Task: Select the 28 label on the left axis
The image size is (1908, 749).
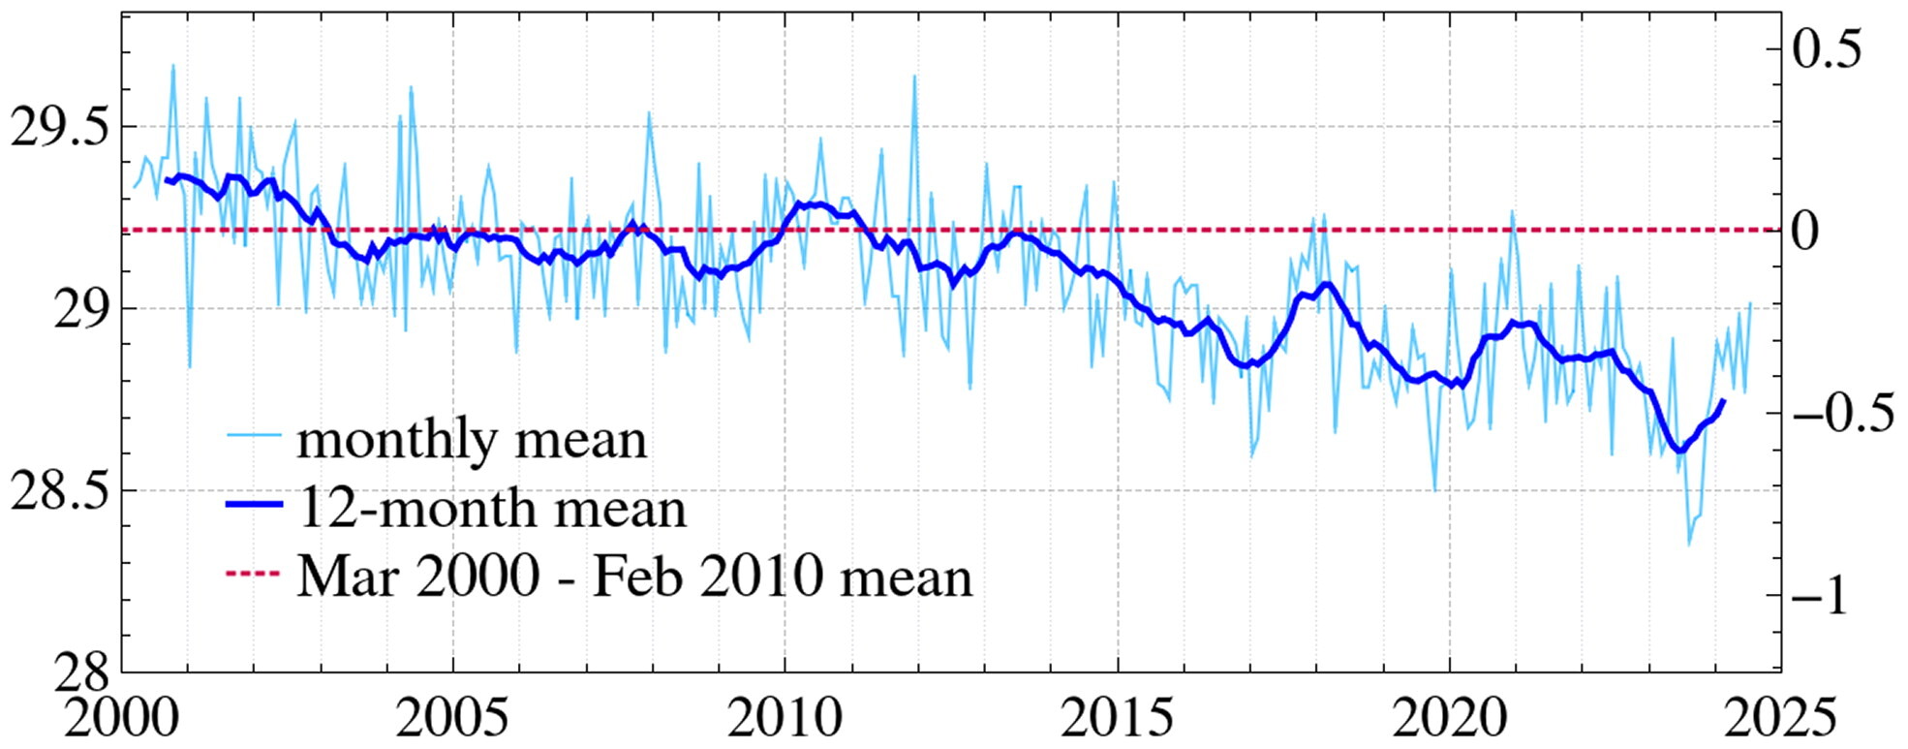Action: (x=81, y=670)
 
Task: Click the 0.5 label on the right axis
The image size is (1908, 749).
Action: (x=1827, y=49)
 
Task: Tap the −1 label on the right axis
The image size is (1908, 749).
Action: (x=1821, y=594)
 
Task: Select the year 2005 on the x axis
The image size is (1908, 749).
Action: (x=452, y=718)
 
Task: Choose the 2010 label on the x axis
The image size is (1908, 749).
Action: (x=785, y=718)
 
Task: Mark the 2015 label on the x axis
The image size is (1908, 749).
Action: (x=1117, y=718)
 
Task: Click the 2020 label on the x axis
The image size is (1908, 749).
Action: (x=1449, y=718)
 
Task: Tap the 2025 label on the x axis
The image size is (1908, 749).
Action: (x=1780, y=718)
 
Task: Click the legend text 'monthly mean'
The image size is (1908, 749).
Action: (x=472, y=440)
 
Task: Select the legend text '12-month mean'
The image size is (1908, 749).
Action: (x=492, y=508)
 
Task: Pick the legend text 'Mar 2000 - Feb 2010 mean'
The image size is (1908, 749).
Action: (x=634, y=577)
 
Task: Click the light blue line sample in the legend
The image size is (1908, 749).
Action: (x=254, y=434)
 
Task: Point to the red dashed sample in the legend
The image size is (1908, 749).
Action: (x=254, y=575)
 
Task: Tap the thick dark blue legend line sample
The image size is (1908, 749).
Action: (x=254, y=504)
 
